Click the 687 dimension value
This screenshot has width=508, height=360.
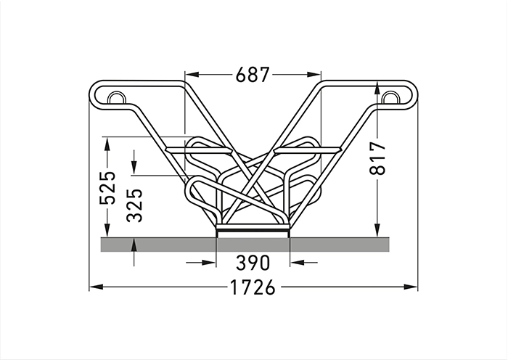click(x=253, y=75)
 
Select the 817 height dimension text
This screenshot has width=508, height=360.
click(x=378, y=157)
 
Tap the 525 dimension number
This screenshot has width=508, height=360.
click(x=107, y=187)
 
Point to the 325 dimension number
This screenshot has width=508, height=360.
click(x=134, y=205)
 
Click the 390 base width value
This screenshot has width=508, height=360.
click(x=253, y=263)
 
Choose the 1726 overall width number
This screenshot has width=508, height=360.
click(x=253, y=287)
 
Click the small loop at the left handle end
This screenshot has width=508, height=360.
click(x=116, y=98)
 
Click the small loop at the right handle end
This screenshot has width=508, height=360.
click(x=390, y=98)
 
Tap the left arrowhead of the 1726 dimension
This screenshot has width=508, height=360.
click(x=97, y=287)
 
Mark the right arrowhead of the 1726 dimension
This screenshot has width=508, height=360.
click(x=411, y=287)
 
